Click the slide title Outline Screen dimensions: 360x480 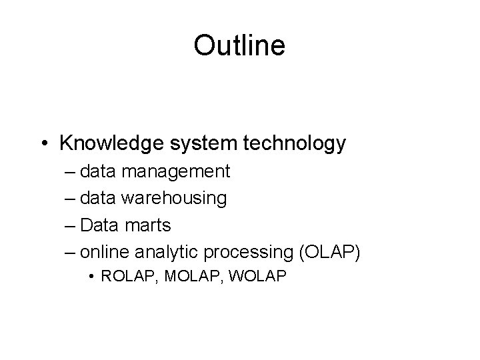[239, 45]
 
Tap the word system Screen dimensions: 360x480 [188, 143]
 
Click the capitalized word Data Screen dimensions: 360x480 [100, 225]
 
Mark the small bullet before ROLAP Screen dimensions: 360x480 [91, 277]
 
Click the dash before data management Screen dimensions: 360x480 [71, 172]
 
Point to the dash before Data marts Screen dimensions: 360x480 [71, 225]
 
